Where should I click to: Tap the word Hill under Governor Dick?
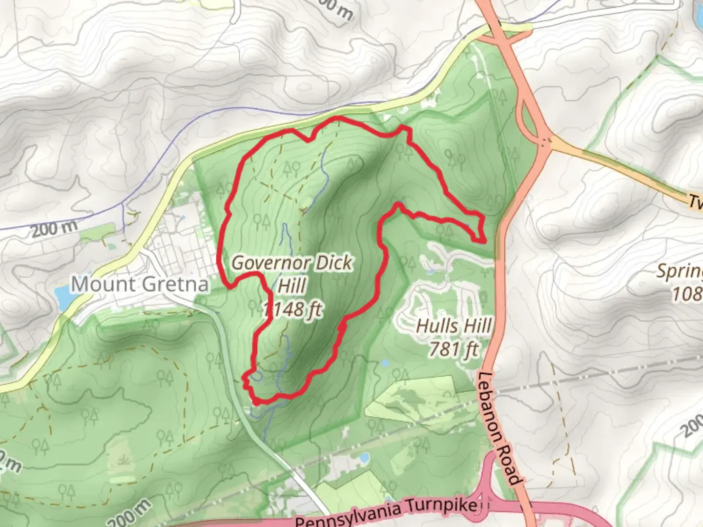click(291, 285)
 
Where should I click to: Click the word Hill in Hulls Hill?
click(476, 326)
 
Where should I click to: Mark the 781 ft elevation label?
click(454, 349)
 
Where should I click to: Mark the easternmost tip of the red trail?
click(484, 241)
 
